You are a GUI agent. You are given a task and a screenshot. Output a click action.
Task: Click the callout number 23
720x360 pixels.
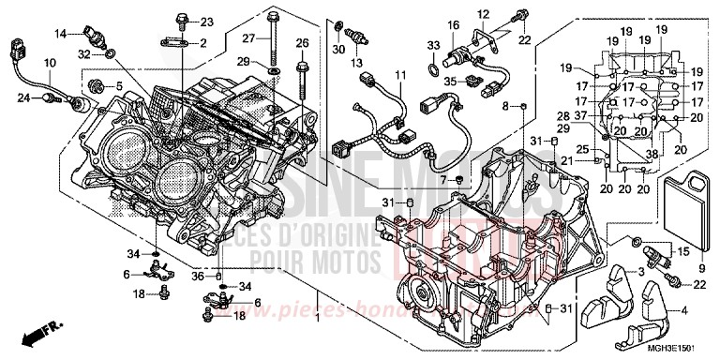207,21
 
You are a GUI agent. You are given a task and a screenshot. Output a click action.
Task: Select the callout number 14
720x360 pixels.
61,34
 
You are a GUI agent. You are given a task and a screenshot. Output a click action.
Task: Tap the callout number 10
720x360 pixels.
48,63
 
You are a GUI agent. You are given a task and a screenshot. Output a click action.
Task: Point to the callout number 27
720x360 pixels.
250,38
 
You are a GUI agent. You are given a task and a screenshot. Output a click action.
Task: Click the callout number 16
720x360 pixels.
453,24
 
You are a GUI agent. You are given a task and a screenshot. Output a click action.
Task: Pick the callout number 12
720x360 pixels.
484,13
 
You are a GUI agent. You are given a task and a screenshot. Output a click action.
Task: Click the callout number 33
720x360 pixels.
433,46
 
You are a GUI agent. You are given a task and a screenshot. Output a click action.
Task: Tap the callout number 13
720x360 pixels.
357,64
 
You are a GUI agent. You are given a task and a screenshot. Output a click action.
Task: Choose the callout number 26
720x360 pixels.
302,43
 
